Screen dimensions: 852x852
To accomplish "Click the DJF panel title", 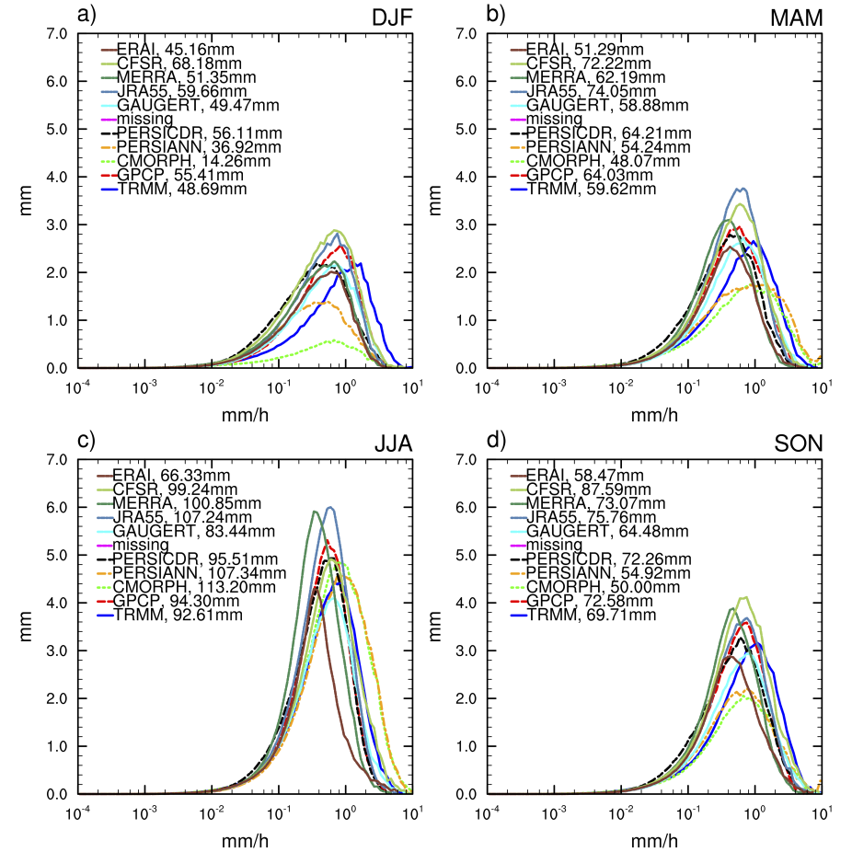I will pos(389,17).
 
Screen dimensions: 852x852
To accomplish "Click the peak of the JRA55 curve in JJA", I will pos(330,507).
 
